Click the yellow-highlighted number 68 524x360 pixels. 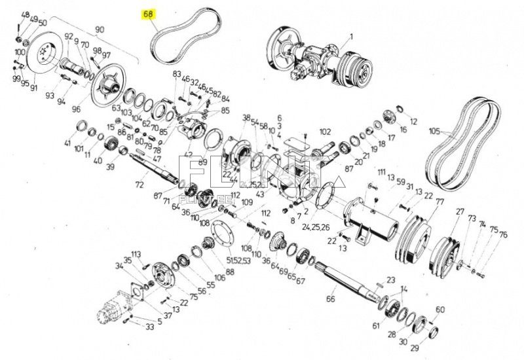point(149,14)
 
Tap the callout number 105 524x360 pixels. point(434,131)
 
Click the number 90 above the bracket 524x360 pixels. point(100,29)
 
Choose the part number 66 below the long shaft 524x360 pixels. point(331,298)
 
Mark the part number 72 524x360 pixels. point(139,186)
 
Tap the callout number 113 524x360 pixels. point(136,253)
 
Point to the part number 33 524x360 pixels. point(150,326)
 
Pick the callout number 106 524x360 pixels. point(219,277)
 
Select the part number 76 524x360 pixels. point(503,234)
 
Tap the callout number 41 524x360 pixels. point(67,143)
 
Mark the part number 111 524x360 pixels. point(381,171)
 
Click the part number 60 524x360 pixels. point(440,310)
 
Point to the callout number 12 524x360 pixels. point(413,122)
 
